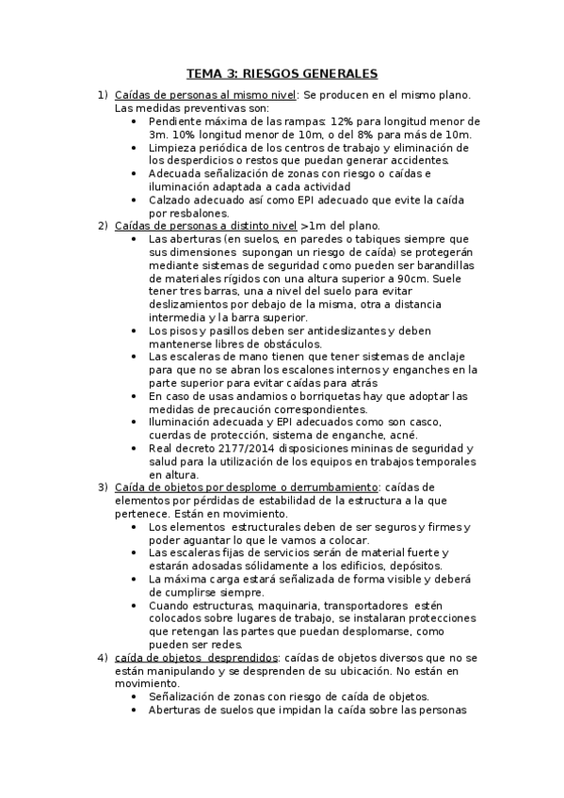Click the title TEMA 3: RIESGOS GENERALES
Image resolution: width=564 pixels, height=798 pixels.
282,73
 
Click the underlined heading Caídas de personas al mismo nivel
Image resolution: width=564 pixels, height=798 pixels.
205,95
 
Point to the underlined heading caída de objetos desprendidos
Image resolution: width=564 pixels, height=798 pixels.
196,657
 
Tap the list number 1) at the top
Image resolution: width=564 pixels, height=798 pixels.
102,95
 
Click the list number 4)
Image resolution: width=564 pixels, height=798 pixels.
102,657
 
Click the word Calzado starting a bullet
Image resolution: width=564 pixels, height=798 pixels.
171,199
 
